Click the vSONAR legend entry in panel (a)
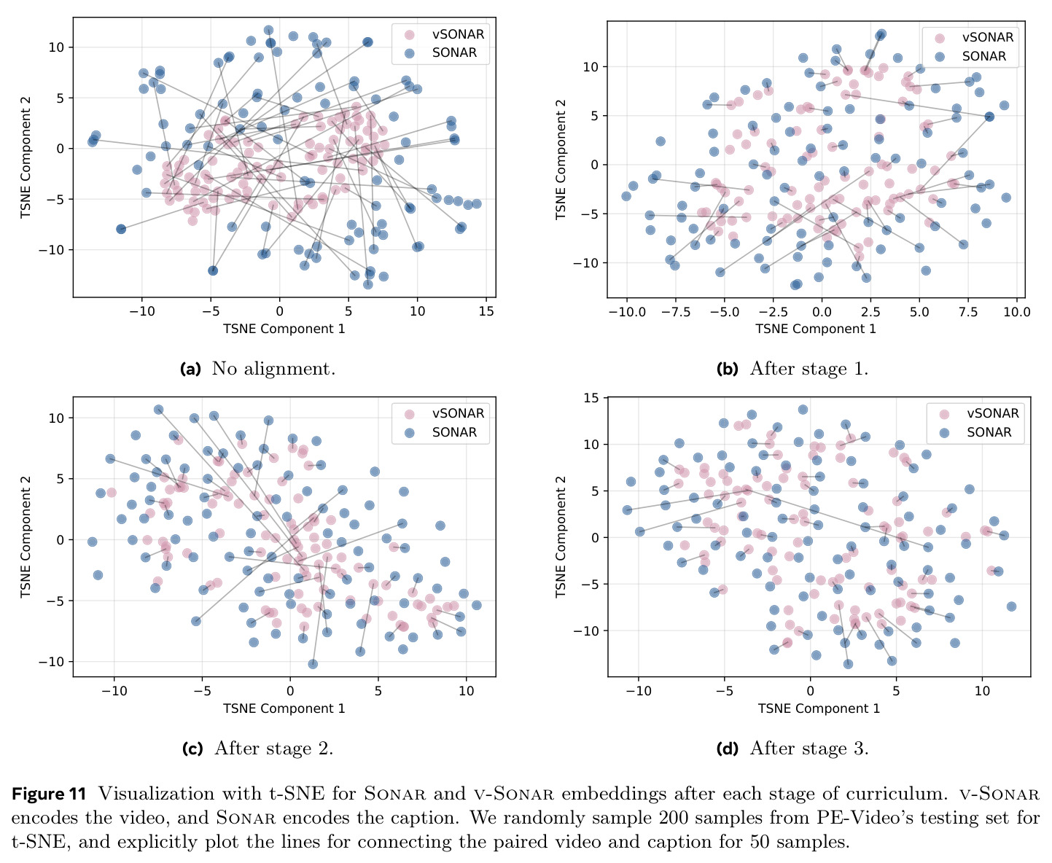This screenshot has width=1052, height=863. (x=444, y=34)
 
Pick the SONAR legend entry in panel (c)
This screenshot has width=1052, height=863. (x=440, y=432)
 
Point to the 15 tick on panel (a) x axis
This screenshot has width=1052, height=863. (x=486, y=311)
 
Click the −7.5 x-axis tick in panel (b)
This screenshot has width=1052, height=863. (x=675, y=312)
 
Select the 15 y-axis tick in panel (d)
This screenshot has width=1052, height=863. (x=591, y=397)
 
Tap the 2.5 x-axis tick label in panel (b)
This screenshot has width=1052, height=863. (x=870, y=312)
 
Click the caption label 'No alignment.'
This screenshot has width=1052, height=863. (x=273, y=369)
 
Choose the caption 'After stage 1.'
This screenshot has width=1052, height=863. (x=809, y=369)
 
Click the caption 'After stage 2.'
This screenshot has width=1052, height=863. (x=274, y=749)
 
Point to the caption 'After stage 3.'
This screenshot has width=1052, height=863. (x=809, y=749)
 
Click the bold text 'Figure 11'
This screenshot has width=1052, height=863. (x=49, y=794)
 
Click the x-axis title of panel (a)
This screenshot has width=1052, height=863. (x=284, y=329)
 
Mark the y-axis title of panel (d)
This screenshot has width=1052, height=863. (x=561, y=536)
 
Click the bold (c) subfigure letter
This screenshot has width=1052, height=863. (x=192, y=749)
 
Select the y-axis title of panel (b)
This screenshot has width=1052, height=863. (x=561, y=160)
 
